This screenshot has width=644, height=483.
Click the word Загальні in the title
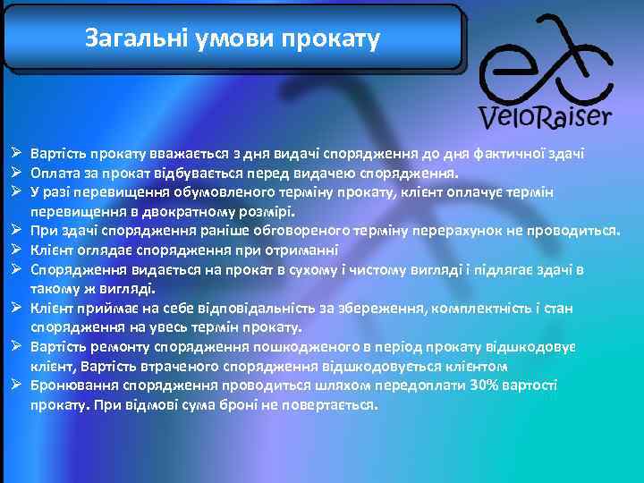click(x=127, y=38)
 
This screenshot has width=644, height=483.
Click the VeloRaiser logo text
click(x=546, y=116)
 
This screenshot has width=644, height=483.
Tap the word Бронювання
click(x=70, y=386)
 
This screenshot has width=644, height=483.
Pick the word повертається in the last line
click(x=329, y=405)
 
